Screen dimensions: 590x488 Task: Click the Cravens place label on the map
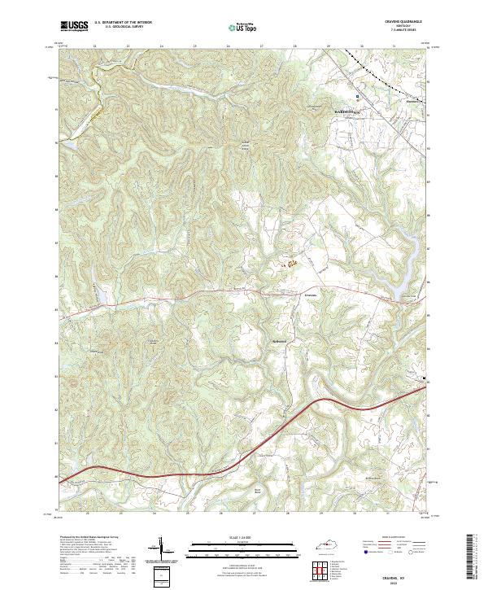pos(312,294)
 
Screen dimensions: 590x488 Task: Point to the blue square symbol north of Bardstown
pos(354,83)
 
